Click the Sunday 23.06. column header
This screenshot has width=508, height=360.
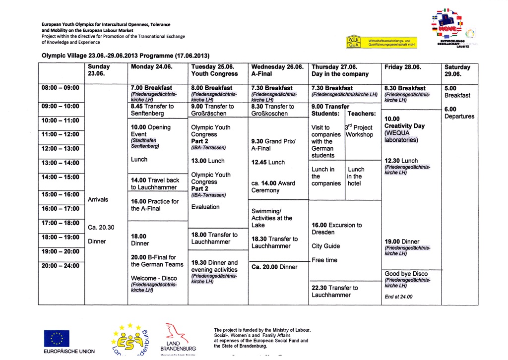click(x=99, y=70)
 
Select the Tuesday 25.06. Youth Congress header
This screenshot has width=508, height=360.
click(x=214, y=70)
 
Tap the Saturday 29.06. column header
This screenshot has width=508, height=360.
click(x=457, y=70)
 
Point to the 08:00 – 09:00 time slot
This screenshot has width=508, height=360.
click(x=61, y=88)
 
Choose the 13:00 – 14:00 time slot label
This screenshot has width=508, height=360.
click(x=61, y=163)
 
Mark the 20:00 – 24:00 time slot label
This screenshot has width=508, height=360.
click(x=61, y=266)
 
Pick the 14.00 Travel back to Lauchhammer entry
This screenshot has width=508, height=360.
click(x=155, y=183)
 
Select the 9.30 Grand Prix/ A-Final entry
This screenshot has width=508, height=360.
click(x=273, y=144)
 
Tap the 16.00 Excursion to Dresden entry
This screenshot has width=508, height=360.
click(x=337, y=229)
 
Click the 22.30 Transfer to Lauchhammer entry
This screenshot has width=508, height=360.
click(x=334, y=291)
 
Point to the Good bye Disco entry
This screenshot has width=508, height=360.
click(x=406, y=274)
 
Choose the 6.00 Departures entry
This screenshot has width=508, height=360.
click(x=459, y=113)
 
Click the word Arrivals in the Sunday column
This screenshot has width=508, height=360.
click(x=98, y=199)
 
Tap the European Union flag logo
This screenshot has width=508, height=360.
click(x=57, y=338)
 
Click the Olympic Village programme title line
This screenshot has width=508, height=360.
click(x=125, y=55)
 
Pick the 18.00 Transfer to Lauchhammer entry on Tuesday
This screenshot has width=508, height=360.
click(x=214, y=238)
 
